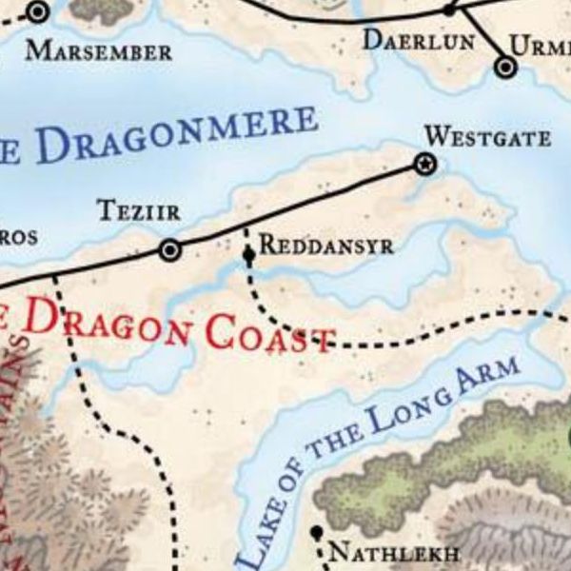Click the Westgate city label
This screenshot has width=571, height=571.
(x=487, y=138)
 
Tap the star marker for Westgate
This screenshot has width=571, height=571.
(x=424, y=165)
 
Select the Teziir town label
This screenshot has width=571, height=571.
(x=139, y=211)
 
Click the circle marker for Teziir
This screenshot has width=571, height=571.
(x=169, y=250)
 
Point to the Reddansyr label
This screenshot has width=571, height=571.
(x=325, y=245)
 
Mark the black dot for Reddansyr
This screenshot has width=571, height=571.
(x=248, y=255)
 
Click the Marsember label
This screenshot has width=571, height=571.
(x=99, y=50)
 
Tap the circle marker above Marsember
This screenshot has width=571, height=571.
(x=38, y=12)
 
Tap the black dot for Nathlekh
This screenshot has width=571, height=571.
(x=317, y=532)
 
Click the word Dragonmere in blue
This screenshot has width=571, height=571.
(x=176, y=138)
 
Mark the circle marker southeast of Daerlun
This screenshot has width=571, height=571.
(x=505, y=67)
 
